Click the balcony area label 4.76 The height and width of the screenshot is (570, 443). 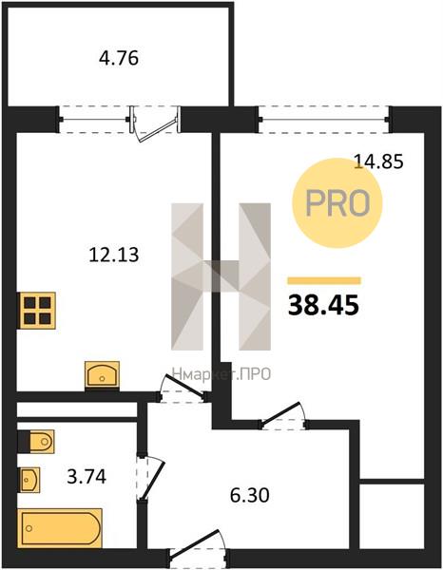point(119,58)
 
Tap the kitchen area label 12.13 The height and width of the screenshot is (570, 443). point(114,255)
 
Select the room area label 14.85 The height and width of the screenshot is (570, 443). point(378,161)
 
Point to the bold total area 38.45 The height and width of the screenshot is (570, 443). point(324,305)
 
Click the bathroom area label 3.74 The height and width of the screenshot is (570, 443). point(87,477)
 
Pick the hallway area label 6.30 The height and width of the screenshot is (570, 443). point(249,495)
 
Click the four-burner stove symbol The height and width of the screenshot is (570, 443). point(37,311)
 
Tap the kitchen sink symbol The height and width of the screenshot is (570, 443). point(103,374)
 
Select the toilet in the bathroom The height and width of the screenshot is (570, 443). point(36,442)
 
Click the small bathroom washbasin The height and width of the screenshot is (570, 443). point(29,480)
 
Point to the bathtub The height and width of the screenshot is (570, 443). point(60,528)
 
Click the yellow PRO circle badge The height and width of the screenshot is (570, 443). point(337,203)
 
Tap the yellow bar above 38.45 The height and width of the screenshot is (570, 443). point(324,280)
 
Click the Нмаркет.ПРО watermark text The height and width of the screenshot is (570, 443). point(221,373)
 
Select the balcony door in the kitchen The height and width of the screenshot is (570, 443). point(156,123)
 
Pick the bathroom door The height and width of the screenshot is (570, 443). point(151,477)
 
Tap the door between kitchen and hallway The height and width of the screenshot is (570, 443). point(183,389)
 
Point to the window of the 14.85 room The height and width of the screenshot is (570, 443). point(324,120)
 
